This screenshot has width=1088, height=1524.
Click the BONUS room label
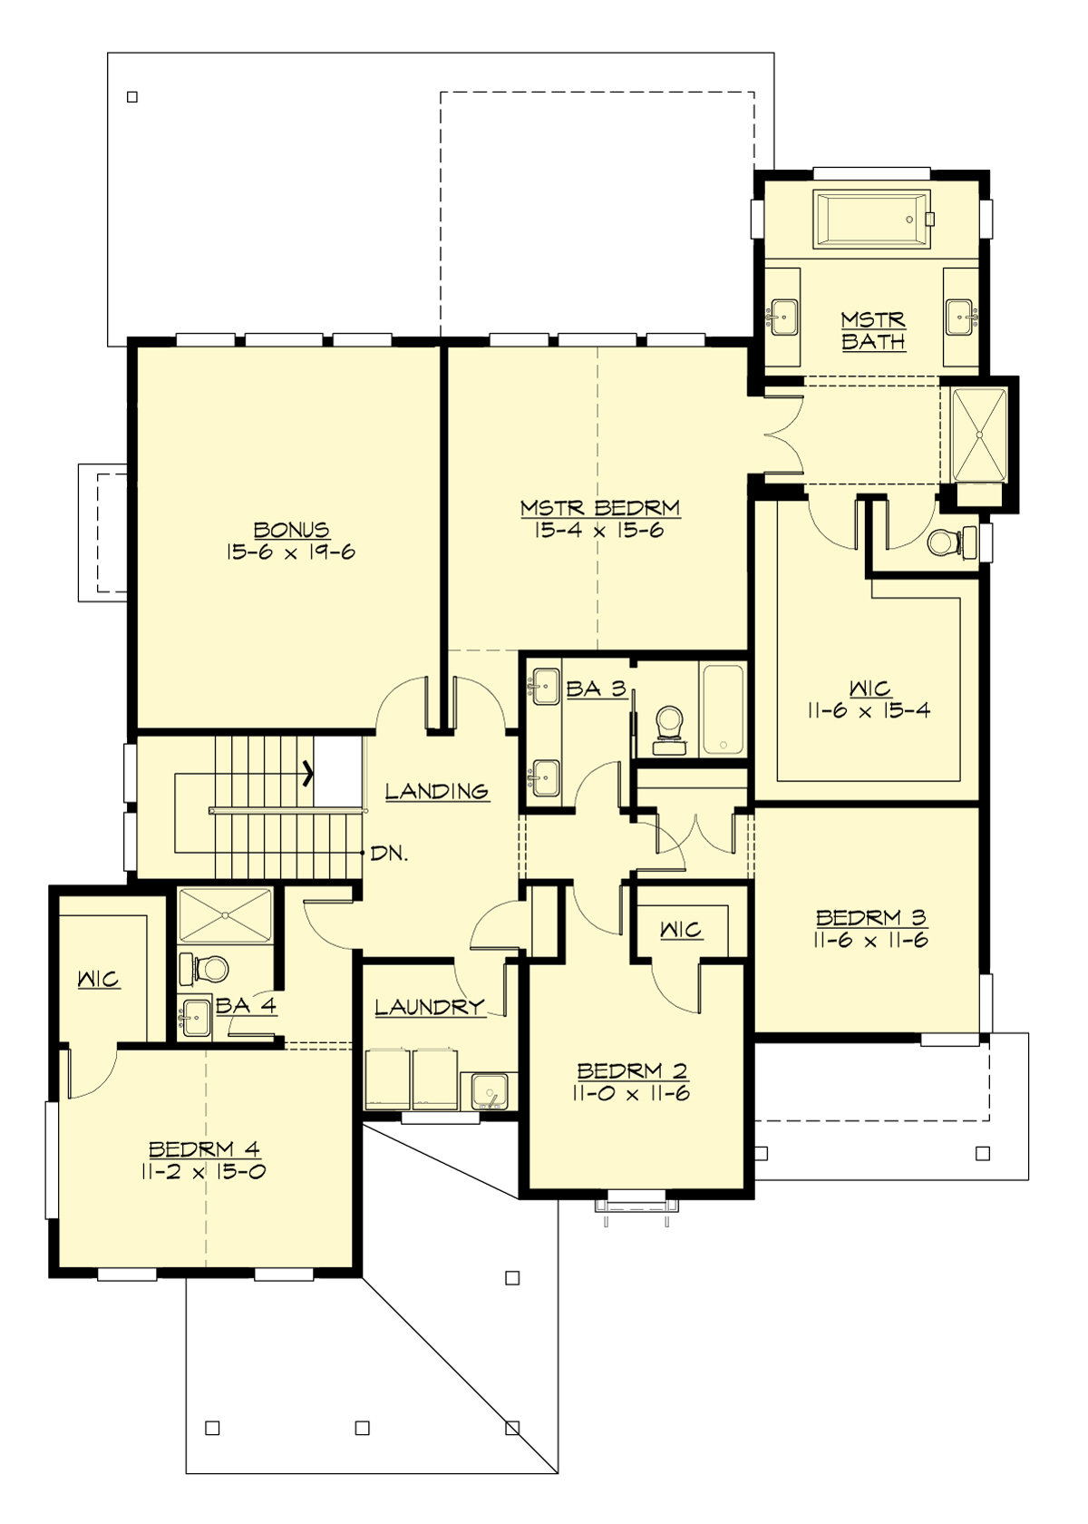point(291,530)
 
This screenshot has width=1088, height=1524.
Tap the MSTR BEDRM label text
point(599,508)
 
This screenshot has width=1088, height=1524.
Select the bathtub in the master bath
point(872,218)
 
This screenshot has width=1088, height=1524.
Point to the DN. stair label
point(389,854)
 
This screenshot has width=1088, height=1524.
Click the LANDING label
point(437,791)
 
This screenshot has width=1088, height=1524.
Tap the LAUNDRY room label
point(429,1007)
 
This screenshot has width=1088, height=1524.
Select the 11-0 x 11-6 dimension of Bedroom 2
point(631,1094)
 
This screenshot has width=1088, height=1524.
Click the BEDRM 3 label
point(870,917)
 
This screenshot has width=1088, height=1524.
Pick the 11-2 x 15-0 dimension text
point(203,1171)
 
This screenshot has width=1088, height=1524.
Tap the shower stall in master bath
point(978,435)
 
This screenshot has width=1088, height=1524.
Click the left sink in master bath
point(781,317)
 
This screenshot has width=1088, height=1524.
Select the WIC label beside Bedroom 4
point(98,980)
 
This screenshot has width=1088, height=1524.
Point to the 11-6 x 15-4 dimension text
point(868,710)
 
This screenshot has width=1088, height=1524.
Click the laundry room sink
point(490,1090)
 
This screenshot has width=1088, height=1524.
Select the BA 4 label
point(246,1005)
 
